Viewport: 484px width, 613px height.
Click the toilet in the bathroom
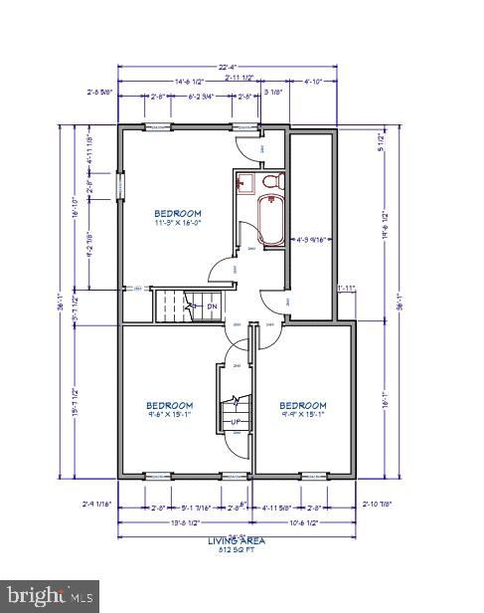point(273,182)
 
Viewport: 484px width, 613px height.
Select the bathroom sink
point(245,182)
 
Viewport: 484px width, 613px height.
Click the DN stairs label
point(212,306)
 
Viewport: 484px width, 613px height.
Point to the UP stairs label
point(237,422)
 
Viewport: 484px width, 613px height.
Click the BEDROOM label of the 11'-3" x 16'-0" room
point(178,213)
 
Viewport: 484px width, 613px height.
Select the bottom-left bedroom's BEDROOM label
point(170,405)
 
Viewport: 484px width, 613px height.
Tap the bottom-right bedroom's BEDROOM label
point(302,405)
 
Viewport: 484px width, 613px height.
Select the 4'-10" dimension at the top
point(314,80)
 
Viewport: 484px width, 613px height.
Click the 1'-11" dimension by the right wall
point(346,289)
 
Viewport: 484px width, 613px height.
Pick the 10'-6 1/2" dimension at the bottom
point(304,523)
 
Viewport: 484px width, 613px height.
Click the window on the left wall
point(119,185)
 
